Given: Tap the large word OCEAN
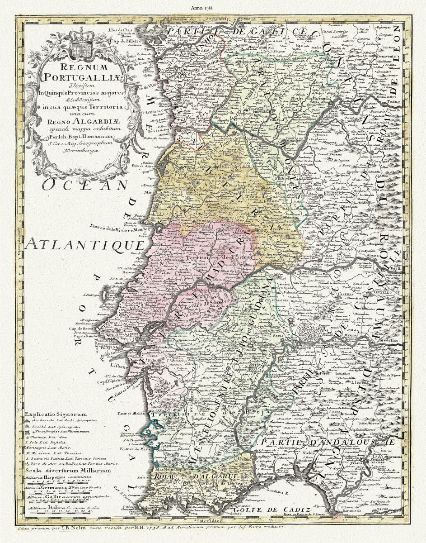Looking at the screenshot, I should [83, 185].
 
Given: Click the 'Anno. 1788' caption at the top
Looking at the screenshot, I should [213, 7].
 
